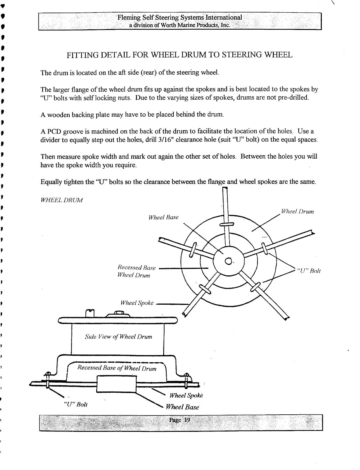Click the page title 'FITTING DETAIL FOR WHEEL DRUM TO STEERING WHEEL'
(180, 55)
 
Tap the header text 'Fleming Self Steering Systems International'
(180, 17)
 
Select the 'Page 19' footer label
(180, 419)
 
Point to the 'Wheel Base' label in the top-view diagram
(163, 217)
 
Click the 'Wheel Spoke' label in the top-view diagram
(137, 303)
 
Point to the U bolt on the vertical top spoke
(227, 224)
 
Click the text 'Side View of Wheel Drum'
(118, 337)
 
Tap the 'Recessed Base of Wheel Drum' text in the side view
(117, 368)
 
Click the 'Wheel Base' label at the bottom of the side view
(182, 407)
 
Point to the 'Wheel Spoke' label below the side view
(186, 395)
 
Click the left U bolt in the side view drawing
(48, 380)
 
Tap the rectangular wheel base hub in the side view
(116, 384)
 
